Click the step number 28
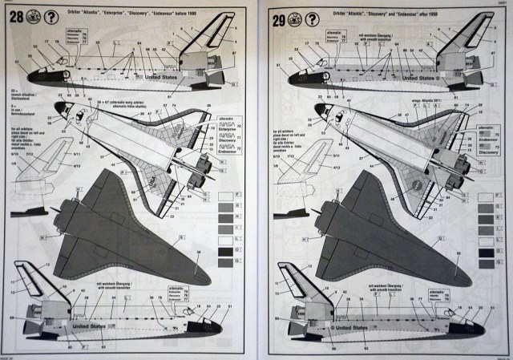click(15, 15)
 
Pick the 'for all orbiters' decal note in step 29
click(286, 136)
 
